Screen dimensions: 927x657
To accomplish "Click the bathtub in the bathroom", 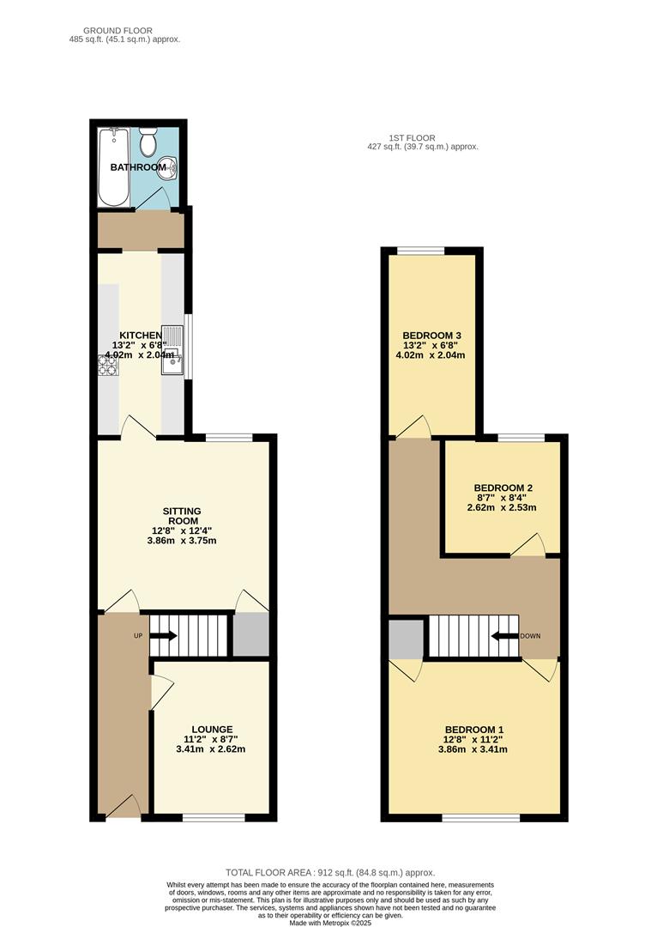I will [113, 167].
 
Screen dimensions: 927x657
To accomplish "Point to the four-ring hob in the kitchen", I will [109, 367].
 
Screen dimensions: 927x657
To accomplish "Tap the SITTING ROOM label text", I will [184, 515].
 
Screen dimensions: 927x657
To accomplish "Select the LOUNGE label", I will [212, 729].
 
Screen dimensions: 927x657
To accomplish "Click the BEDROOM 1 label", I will [474, 729].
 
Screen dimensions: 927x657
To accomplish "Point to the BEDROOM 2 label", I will [501, 487].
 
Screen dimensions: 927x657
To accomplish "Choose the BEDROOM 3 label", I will [433, 335].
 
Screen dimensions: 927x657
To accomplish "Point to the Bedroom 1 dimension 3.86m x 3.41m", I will [474, 749].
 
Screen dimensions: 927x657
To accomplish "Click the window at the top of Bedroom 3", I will [420, 250].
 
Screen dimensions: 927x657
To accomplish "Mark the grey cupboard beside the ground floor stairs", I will [251, 636].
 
